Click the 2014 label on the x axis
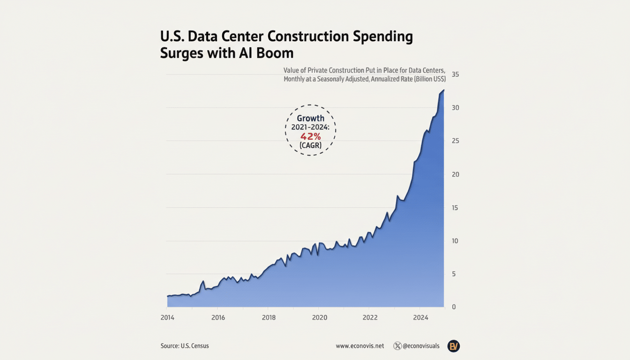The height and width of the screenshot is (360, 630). [x=167, y=317]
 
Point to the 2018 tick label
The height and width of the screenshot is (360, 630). [x=269, y=317]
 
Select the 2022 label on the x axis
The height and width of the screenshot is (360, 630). [x=370, y=317]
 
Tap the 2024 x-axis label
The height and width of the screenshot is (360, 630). [x=421, y=317]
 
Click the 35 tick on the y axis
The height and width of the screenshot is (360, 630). [x=455, y=75]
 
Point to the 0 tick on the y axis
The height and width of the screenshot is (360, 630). [x=453, y=307]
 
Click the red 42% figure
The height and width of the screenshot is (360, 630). [x=310, y=137]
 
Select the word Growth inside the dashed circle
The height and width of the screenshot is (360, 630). [x=310, y=119]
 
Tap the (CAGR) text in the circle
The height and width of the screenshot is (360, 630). [x=310, y=146]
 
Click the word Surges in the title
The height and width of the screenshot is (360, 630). [x=182, y=52]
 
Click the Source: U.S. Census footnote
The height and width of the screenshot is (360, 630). [x=185, y=346]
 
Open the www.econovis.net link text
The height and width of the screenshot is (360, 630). [x=360, y=346]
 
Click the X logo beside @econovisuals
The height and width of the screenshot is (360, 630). [x=397, y=346]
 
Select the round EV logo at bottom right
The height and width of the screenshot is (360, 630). [x=453, y=346]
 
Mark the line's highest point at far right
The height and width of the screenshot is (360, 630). [x=443, y=90]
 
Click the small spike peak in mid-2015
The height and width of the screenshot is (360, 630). [x=203, y=281]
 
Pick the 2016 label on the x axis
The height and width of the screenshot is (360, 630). [x=218, y=317]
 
